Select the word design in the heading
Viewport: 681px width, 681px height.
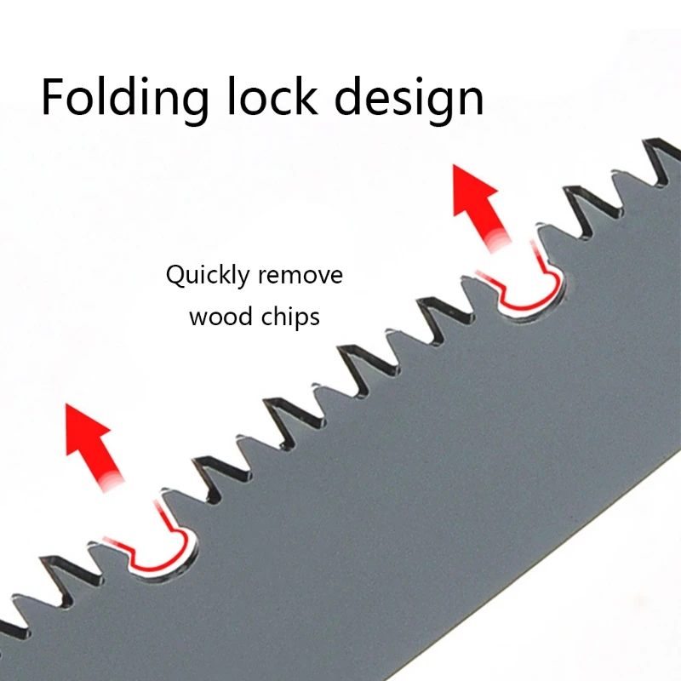tap(409, 98)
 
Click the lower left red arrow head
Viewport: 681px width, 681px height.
tap(87, 430)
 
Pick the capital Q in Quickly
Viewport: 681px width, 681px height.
tap(175, 276)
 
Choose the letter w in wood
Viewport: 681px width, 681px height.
tap(197, 318)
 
